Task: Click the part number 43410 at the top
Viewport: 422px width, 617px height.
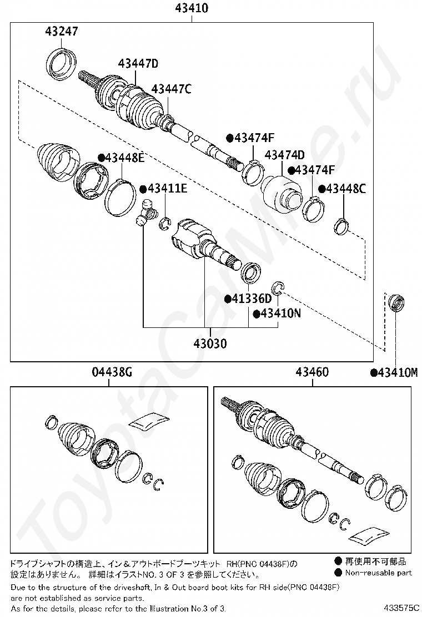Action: tap(192, 8)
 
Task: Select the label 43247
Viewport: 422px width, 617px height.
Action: tap(62, 31)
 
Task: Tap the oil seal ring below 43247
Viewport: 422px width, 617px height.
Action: tap(62, 64)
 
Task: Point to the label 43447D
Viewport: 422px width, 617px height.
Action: tap(138, 63)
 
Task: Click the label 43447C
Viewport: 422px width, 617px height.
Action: tap(171, 89)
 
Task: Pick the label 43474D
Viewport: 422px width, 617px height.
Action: tap(285, 155)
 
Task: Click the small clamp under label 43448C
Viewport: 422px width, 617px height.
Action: tap(341, 225)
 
